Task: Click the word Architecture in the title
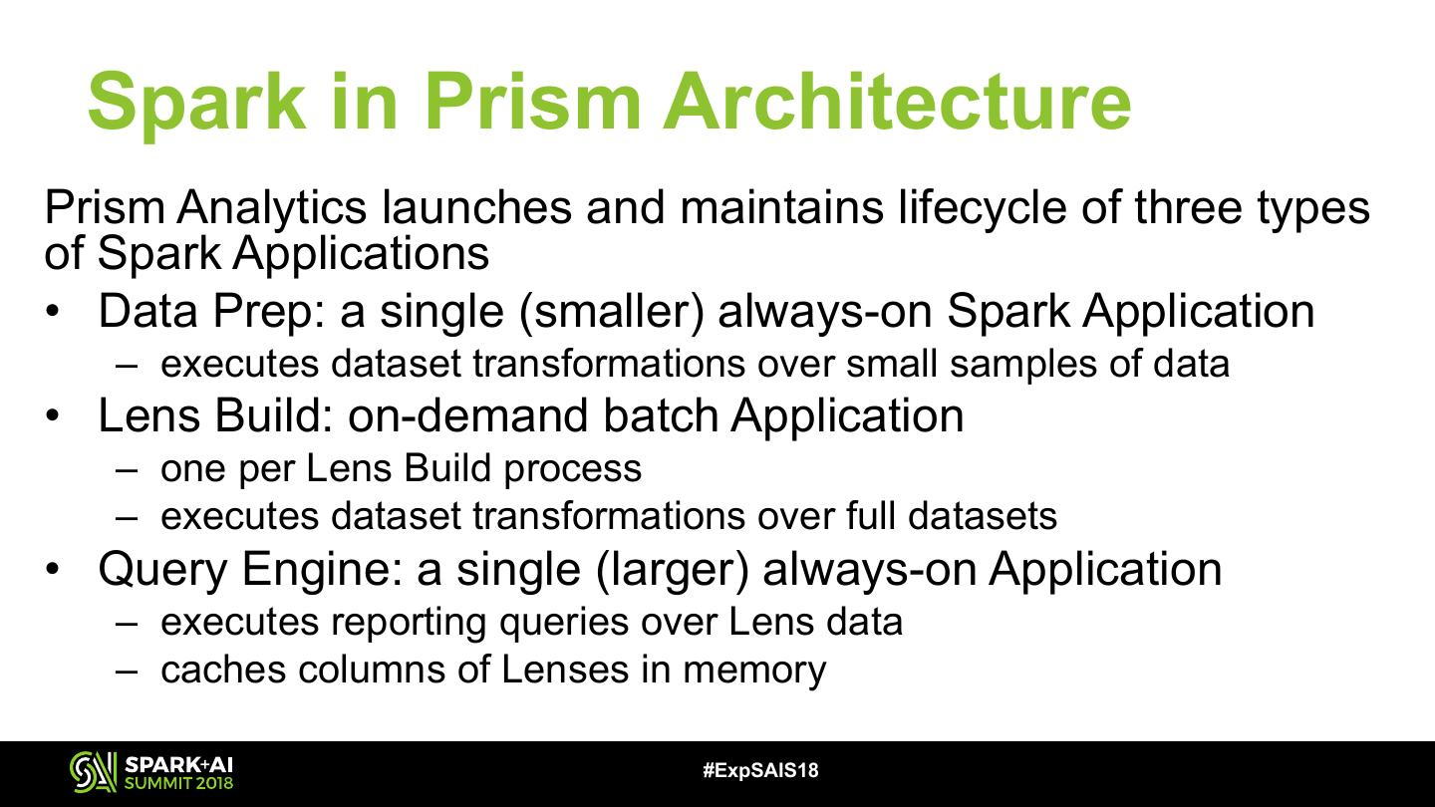click(897, 102)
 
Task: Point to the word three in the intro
click(1188, 207)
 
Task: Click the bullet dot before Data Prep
click(52, 312)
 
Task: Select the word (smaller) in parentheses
click(612, 312)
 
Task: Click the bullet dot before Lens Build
click(52, 416)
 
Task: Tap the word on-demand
click(467, 415)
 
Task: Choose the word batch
click(660, 415)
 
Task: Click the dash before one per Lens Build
click(127, 470)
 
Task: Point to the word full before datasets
click(869, 516)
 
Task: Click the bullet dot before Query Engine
click(52, 570)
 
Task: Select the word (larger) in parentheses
click(672, 570)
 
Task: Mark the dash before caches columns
click(127, 672)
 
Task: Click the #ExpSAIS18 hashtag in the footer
click(760, 770)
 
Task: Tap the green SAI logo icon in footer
click(93, 772)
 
